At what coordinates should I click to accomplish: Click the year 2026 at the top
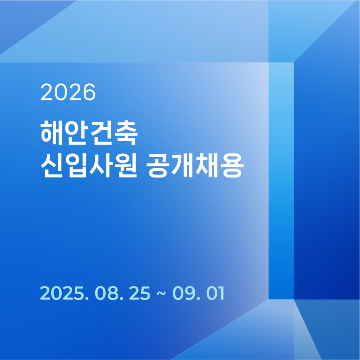(68, 92)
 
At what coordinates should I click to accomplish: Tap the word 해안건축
(89, 133)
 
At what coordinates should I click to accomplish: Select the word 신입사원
(89, 165)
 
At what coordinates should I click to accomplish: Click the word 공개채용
(195, 165)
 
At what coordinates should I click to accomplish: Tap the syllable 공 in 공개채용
(158, 166)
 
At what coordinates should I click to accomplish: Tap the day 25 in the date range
(139, 293)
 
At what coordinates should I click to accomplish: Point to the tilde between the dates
(161, 293)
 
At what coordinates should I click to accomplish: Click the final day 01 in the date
(215, 293)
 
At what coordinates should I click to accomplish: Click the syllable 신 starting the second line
(52, 165)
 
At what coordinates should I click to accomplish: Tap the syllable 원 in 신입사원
(125, 165)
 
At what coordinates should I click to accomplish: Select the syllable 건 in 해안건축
(101, 133)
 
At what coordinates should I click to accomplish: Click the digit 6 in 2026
(89, 92)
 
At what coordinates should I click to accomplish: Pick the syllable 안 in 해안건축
(76, 133)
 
